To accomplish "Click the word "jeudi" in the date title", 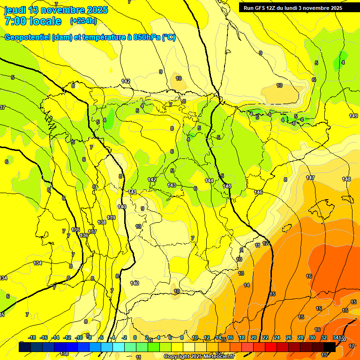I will [15, 10].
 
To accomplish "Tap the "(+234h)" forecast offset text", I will [83, 21].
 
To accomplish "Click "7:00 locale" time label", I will [33, 21].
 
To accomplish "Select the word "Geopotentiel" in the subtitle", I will [27, 37].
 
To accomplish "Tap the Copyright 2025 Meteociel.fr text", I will [199, 357].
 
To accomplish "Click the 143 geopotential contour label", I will [172, 185].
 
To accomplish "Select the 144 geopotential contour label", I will [209, 180].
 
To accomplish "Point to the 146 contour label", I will [258, 192].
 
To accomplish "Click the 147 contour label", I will [310, 178].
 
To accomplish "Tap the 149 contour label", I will [353, 116].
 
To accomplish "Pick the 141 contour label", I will [133, 192].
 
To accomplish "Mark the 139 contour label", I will [111, 217].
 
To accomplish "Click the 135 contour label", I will [76, 229].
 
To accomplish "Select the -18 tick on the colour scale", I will [32, 337].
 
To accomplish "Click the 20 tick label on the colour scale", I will [253, 337].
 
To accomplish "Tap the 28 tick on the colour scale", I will [300, 337].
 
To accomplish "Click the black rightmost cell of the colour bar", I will [330, 346].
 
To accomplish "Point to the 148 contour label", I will [346, 179].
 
